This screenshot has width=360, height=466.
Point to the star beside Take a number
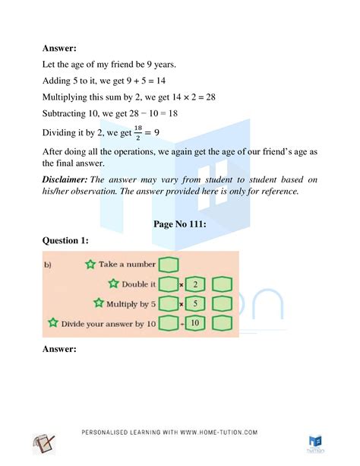tap(91, 265)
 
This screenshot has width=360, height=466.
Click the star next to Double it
tap(113, 284)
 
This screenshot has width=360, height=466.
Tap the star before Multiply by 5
tap(98, 303)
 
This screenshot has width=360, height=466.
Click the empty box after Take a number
tap(168, 265)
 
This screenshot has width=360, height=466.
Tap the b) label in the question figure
tap(49, 265)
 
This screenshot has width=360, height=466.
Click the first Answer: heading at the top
tap(62, 47)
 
